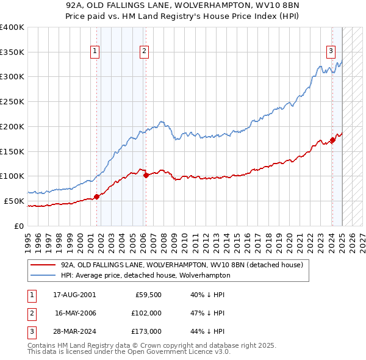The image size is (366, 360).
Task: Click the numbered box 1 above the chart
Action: (x=96, y=52)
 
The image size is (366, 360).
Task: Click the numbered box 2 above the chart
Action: (x=145, y=52)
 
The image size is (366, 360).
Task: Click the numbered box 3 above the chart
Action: (x=331, y=52)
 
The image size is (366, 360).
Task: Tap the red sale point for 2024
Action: (x=332, y=140)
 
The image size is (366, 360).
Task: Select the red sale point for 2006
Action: (x=146, y=175)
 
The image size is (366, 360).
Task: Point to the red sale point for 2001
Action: (x=97, y=196)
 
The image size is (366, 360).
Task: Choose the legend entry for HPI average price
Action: (x=145, y=275)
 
